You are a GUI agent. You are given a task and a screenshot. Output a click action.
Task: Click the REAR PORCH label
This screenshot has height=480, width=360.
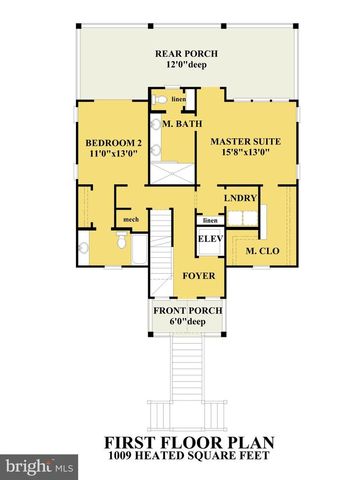pos(186,53)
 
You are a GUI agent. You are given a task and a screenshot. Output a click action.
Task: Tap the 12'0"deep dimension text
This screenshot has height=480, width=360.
pos(186,65)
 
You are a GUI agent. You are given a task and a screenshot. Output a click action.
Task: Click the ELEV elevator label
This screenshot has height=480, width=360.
pos(209,240)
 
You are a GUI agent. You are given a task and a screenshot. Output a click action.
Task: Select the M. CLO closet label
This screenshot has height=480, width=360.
pos(261,251)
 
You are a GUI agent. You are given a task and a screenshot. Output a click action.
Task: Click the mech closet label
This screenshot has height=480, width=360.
pos(130,220)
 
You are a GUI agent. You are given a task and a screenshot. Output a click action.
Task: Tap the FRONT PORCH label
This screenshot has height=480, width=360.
pos(186,310)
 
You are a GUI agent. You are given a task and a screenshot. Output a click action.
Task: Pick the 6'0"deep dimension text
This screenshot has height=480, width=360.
pos(186,322)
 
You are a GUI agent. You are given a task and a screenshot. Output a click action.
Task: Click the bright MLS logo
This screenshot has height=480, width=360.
pos(40,466)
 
